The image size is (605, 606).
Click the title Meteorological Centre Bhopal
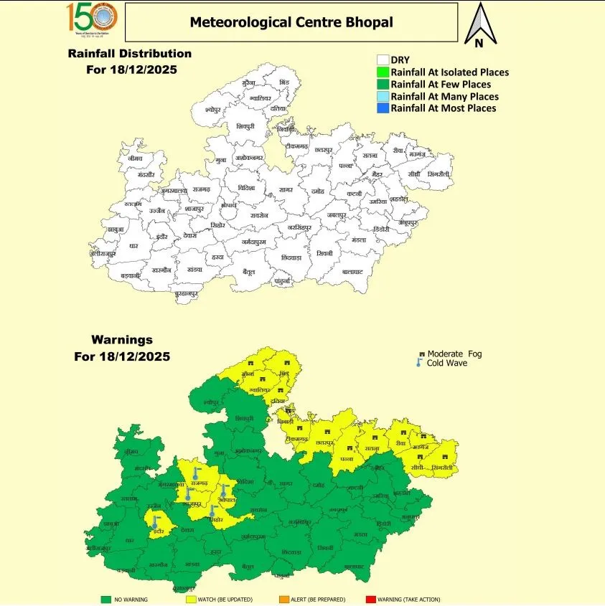[x=291, y=22]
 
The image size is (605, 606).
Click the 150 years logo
[x=92, y=19]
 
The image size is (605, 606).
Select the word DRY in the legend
[x=400, y=60]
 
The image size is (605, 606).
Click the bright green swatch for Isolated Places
[x=383, y=72]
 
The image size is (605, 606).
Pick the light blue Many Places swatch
[x=383, y=96]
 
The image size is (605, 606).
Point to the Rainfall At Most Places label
[x=443, y=108]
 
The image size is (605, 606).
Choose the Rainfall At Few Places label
[x=440, y=84]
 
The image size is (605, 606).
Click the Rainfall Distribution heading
[x=129, y=54]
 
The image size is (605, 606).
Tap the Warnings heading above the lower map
[x=122, y=340]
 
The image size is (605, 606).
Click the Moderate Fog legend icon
[x=422, y=354]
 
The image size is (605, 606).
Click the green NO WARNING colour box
[x=105, y=599]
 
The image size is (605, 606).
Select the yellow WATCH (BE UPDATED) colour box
[x=191, y=599]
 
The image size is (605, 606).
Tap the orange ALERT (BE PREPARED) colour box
[x=284, y=599]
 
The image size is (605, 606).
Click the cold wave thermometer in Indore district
[x=154, y=522]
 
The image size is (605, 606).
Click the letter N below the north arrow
[x=478, y=42]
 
